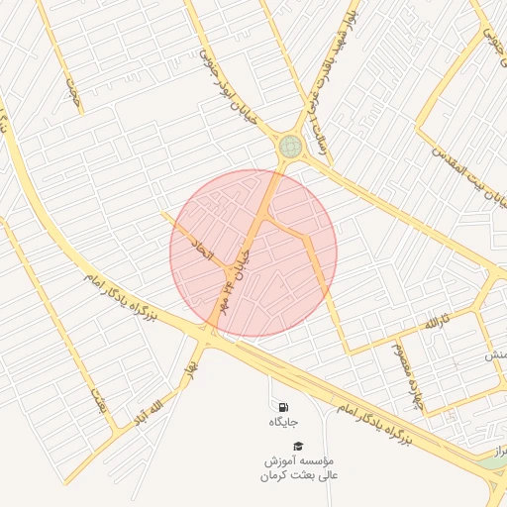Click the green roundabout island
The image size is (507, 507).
click(x=289, y=147)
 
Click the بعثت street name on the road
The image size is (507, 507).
click(x=99, y=401)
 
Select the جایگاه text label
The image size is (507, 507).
click(x=283, y=423)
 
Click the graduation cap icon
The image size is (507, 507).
click(x=298, y=446)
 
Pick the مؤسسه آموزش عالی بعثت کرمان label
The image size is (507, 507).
click(x=298, y=468)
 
